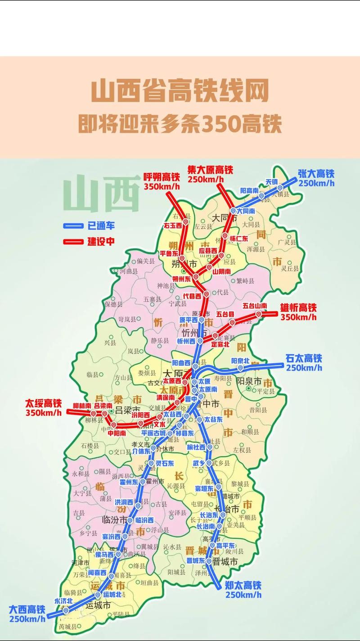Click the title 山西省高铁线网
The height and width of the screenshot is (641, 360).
pos(180,92)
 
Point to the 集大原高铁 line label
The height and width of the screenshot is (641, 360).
pos(210,170)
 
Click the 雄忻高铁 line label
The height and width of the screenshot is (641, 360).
pos(298,308)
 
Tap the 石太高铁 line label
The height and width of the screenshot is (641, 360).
pos(304,359)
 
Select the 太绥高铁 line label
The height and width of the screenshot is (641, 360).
pos(43,404)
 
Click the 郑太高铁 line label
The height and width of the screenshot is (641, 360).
pos(243,586)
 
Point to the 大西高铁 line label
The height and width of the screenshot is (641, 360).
pos(27,609)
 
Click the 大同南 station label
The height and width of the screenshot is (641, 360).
pos(246,211)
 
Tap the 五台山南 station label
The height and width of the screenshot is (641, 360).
pos(255,306)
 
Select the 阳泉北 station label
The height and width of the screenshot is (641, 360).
pos(240,361)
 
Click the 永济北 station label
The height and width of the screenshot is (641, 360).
pos(63,601)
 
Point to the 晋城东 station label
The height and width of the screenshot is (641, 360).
pos(196,560)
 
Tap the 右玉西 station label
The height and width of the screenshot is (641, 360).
pos(172,225)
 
